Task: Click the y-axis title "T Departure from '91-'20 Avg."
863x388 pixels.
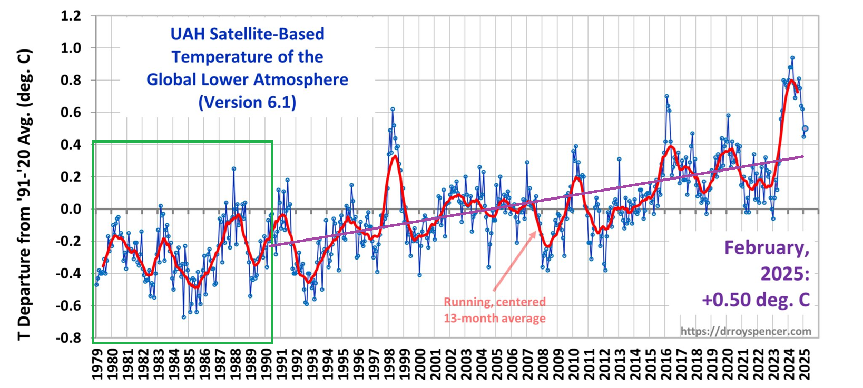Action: point(25,195)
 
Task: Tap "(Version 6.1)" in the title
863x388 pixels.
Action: point(247,102)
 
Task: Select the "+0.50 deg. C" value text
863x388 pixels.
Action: point(756,300)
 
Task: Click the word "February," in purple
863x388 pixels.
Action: point(767,247)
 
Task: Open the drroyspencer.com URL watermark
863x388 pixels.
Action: point(746,331)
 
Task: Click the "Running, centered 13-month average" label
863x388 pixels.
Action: point(494,310)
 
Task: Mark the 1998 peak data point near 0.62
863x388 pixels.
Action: point(393,110)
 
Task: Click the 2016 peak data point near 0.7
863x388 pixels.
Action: point(666,96)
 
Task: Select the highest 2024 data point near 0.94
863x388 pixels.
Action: point(792,58)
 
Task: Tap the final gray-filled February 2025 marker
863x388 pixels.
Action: point(805,128)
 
